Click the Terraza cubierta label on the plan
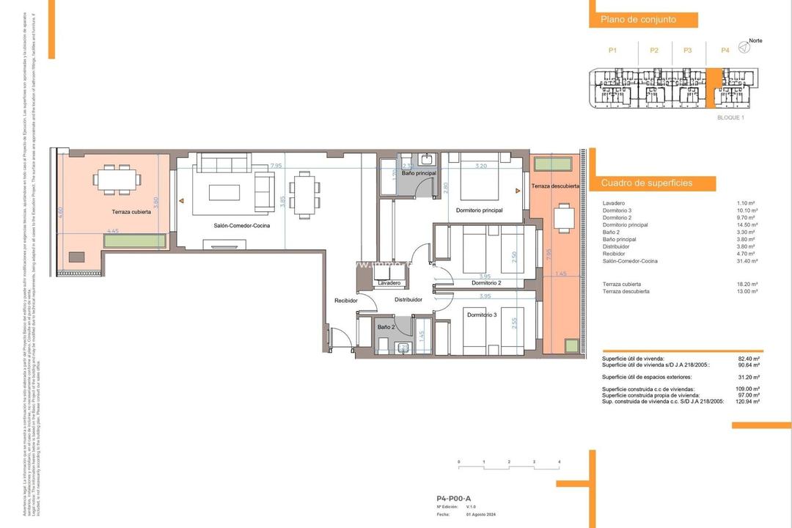pyautogui.click(x=132, y=211)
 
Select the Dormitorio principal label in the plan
pyautogui.click(x=479, y=211)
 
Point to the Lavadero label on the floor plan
pyautogui.click(x=389, y=283)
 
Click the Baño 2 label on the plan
pyautogui.click(x=386, y=327)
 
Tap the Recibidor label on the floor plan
pyautogui.click(x=346, y=300)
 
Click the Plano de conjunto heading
pyautogui.click(x=638, y=20)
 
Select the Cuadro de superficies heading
pyautogui.click(x=648, y=183)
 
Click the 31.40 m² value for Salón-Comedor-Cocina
pyautogui.click(x=748, y=261)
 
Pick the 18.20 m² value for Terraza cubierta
pyautogui.click(x=748, y=283)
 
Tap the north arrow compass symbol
pyautogui.click(x=744, y=48)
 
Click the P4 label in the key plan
pyautogui.click(x=725, y=51)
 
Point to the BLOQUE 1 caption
pyautogui.click(x=730, y=117)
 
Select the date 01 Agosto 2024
pyautogui.click(x=482, y=515)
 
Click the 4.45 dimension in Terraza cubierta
pyautogui.click(x=113, y=231)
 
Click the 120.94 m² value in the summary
pyautogui.click(x=747, y=402)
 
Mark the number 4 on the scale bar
pyautogui.click(x=559, y=461)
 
